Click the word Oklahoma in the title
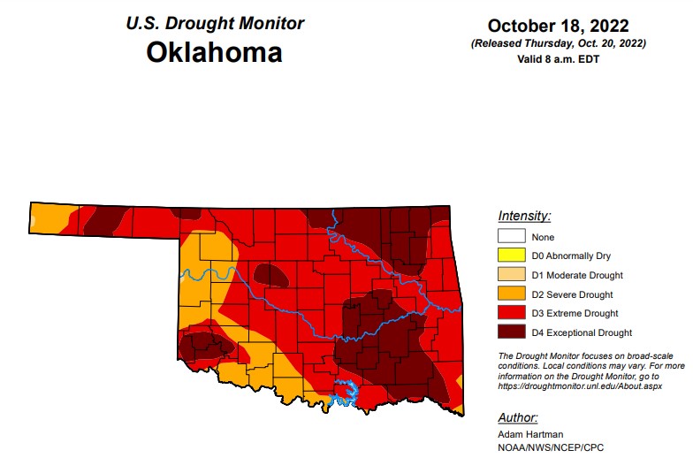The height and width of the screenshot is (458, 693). tap(214, 52)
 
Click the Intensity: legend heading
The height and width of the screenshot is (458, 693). tap(524, 216)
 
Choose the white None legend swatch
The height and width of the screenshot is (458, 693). tap(512, 236)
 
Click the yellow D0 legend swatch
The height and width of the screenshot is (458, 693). tap(512, 256)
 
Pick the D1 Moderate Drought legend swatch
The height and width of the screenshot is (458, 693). tap(512, 275)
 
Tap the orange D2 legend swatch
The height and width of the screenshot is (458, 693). tap(512, 294)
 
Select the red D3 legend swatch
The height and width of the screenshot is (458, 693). tap(512, 313)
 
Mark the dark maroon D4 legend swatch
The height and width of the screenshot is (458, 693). tap(512, 332)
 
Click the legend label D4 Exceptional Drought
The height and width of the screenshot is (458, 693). tap(582, 332)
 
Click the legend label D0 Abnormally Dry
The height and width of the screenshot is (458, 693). tap(572, 256)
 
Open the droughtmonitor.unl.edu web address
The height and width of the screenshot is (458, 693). tap(580, 386)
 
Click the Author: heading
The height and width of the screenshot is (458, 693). tap(518, 417)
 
